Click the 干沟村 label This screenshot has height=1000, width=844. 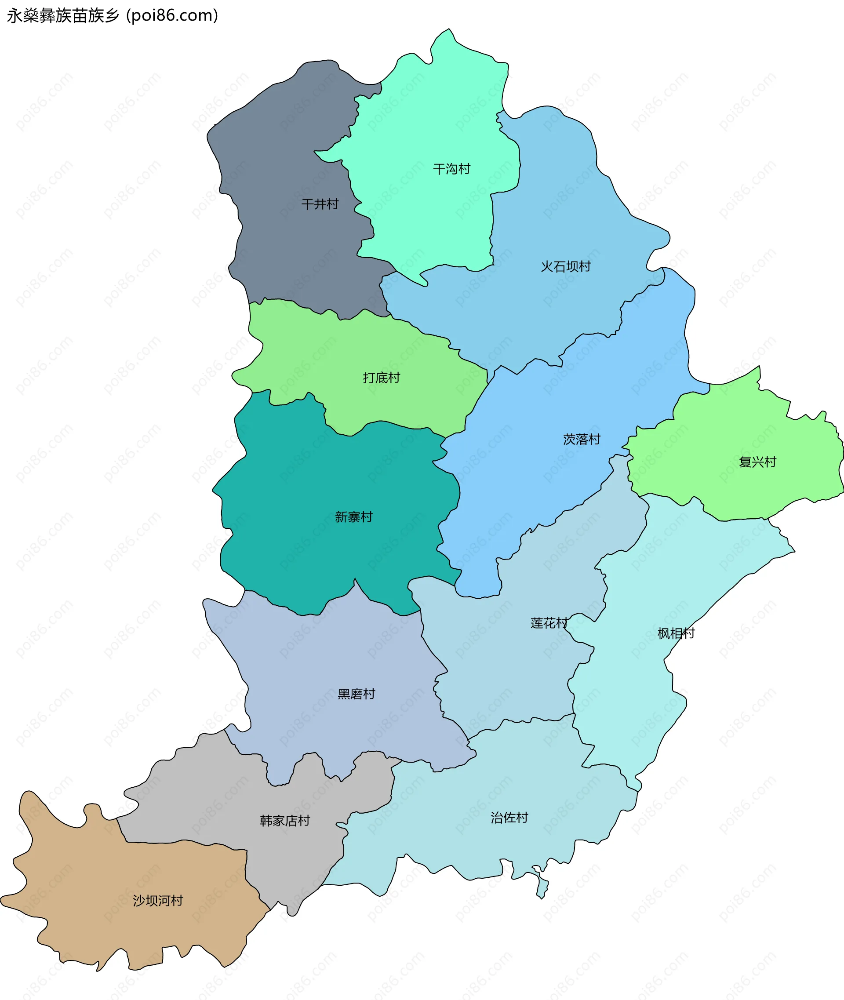click(451, 169)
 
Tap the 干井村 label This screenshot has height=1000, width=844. click(320, 204)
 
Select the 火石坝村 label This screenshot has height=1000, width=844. click(566, 266)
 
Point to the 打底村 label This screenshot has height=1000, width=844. click(381, 378)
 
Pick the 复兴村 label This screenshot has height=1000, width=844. click(757, 462)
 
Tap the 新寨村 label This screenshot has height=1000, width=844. click(353, 517)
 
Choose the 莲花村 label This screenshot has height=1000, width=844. click(549, 623)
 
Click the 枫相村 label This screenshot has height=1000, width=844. click(676, 633)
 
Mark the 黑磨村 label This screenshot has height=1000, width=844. click(356, 694)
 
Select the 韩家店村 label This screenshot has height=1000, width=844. click(285, 821)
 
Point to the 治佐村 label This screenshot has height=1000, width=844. click(509, 818)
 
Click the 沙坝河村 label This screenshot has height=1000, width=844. click(158, 901)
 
